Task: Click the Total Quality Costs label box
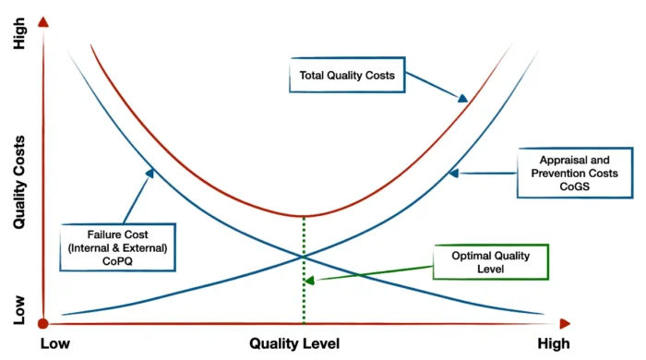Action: coord(347,76)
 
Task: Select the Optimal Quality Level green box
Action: coord(490,261)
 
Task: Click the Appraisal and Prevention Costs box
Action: coord(574,171)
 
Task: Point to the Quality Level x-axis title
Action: coord(294,343)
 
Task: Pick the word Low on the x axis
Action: coord(55,343)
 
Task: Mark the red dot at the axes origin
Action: coord(42,323)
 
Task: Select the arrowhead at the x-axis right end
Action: coord(565,323)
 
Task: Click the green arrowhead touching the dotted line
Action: coord(309,280)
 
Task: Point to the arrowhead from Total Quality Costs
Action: coord(462,98)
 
